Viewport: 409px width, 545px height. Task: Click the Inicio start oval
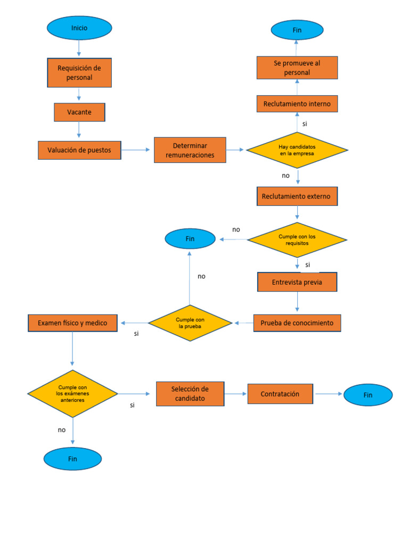[x=79, y=28]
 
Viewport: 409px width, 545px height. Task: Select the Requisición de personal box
[x=79, y=72]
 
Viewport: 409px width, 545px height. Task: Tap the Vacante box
[x=79, y=112]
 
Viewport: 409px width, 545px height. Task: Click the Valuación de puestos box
[x=79, y=150]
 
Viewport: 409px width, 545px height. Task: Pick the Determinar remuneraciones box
[x=190, y=150]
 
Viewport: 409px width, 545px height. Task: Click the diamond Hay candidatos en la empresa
[x=297, y=150]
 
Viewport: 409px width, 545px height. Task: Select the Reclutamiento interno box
[x=297, y=104]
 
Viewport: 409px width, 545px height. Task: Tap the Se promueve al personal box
[x=297, y=68]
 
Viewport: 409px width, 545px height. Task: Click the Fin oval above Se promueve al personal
[x=297, y=30]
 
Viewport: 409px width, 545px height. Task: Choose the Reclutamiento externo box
[x=297, y=196]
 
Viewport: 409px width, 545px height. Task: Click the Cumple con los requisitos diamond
[x=297, y=240]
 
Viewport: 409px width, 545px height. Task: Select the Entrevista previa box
[x=297, y=282]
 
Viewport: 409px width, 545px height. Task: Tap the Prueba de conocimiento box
[x=297, y=323]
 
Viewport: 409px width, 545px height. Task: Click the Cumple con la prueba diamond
[x=190, y=323]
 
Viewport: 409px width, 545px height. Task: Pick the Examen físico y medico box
[x=72, y=323]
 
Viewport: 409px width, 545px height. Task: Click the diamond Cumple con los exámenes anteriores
[x=72, y=394]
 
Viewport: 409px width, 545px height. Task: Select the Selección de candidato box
[x=190, y=394]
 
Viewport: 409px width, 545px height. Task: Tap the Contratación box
[x=280, y=394]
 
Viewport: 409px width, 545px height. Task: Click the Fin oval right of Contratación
[x=368, y=395]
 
